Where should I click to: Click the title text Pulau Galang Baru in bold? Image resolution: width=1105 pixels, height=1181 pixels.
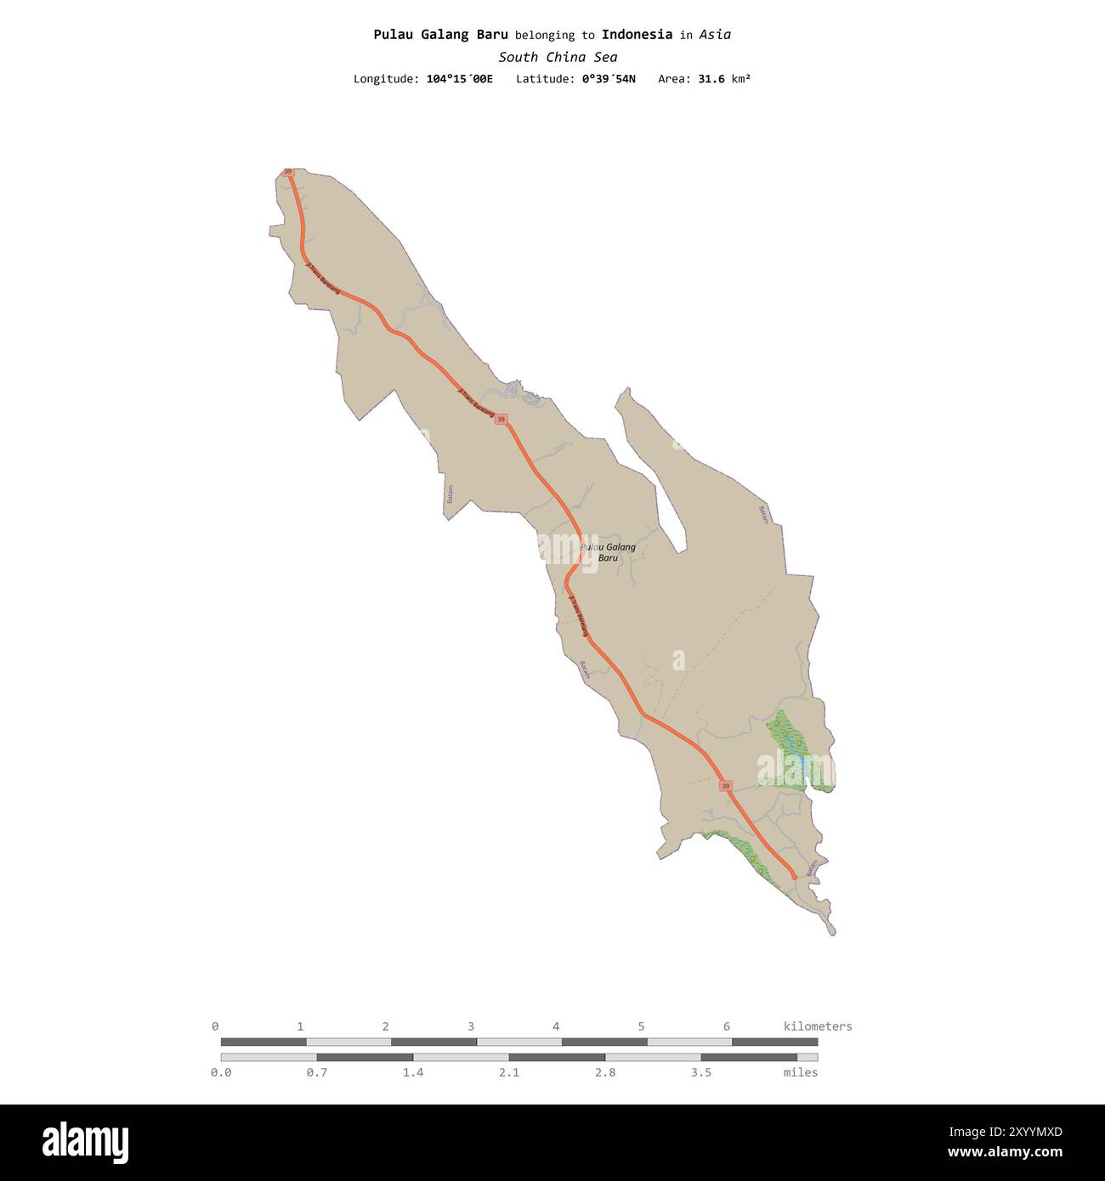coord(440,35)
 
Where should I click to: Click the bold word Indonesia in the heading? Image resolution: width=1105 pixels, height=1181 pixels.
coord(637,35)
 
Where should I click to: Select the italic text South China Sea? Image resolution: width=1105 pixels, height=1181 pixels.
coord(558,58)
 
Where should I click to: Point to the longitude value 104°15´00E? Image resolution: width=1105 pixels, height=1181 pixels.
coord(459,79)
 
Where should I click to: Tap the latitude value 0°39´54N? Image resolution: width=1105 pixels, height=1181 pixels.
coord(609,79)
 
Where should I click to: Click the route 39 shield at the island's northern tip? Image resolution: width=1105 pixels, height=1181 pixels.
coord(288,172)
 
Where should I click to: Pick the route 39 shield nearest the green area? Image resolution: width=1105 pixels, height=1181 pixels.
coord(725,786)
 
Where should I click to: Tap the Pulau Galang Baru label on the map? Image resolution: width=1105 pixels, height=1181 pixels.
coord(608,552)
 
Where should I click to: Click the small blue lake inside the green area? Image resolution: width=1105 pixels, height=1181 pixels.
coord(798,765)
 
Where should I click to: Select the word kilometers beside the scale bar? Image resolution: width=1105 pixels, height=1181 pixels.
coord(817,1026)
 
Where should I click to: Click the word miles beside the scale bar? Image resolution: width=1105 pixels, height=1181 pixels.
coord(800,1073)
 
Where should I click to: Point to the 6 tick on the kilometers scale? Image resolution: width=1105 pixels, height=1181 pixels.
coord(726,1026)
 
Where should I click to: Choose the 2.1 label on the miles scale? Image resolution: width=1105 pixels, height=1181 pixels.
coord(509,1073)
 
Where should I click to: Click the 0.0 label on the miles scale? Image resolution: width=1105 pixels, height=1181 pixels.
coord(221,1073)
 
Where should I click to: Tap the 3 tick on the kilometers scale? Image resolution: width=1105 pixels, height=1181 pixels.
coord(471,1026)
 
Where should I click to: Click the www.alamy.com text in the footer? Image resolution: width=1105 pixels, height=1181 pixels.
coord(1006,1153)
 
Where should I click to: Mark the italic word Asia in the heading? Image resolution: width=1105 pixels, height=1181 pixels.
coord(715,35)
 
